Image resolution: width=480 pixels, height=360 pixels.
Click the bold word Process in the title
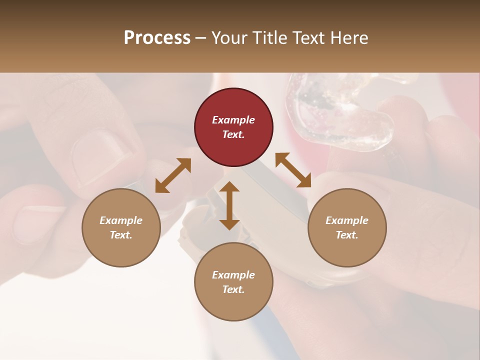pos(157,38)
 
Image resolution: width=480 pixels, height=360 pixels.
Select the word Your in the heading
pos(229,38)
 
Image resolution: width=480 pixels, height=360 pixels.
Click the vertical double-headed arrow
pos(229,205)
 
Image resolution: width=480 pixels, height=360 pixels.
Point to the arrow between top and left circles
pos(173,175)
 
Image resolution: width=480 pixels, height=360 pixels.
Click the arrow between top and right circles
pos(293,170)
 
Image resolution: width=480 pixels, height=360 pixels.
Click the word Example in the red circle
pos(233,120)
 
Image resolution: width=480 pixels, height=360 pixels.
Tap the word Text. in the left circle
pos(121,235)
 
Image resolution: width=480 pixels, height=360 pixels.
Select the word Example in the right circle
pos(347,220)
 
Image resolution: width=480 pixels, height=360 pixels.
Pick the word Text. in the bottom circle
pos(233,289)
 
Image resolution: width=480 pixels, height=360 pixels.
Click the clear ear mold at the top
pos(340,110)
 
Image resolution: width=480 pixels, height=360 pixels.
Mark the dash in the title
pos(201,38)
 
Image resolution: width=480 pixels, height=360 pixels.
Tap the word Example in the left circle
pos(121,220)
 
